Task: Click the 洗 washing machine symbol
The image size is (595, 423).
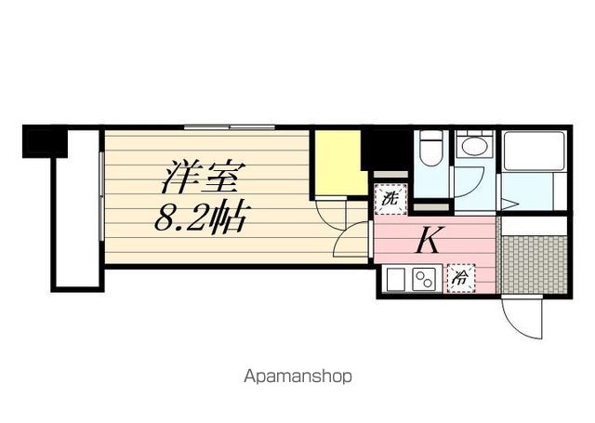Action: (391, 198)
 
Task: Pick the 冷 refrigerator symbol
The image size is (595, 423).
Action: (459, 275)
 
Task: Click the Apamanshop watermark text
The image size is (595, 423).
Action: (297, 377)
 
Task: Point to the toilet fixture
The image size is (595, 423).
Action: (430, 149)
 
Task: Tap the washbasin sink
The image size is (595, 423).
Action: (474, 147)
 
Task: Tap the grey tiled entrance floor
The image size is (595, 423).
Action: (531, 262)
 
